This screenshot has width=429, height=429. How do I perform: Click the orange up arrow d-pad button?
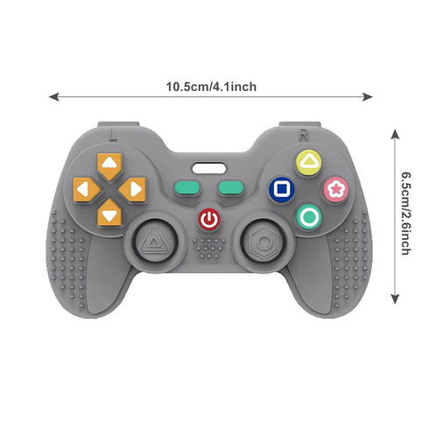[x=109, y=165]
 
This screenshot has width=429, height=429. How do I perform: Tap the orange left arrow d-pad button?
[x=87, y=189]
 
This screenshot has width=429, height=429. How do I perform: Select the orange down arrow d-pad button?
[x=109, y=213]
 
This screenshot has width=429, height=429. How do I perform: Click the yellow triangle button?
[x=308, y=163]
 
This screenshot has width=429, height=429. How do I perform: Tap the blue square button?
[x=282, y=189]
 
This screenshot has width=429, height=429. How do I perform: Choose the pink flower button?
[x=335, y=189]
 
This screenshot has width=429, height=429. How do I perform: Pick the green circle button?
[x=309, y=216]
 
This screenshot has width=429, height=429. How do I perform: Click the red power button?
[x=209, y=219]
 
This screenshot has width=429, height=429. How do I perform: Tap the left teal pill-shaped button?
[x=187, y=187]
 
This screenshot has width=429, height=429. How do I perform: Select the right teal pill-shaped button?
[x=231, y=187]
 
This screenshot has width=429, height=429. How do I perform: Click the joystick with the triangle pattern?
[x=155, y=242]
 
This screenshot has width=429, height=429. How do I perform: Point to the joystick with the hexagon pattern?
[x=264, y=242]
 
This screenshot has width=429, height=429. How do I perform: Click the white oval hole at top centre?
[x=209, y=168]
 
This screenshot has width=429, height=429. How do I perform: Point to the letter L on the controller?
[x=112, y=135]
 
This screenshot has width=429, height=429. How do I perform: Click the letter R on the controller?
[x=304, y=135]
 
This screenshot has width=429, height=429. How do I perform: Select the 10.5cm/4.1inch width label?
[x=211, y=87]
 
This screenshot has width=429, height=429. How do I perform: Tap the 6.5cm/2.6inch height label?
[x=406, y=214]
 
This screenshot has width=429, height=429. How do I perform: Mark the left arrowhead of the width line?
[x=53, y=96]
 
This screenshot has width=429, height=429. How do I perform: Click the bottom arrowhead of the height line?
[x=395, y=299]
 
